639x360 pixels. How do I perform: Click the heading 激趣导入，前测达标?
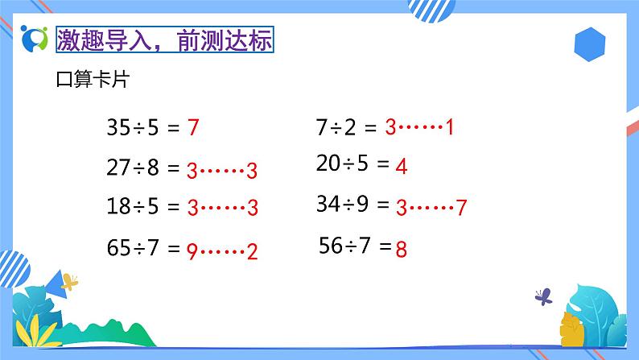166,39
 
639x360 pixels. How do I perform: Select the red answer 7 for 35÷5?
192,127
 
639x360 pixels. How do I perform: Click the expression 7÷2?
337,126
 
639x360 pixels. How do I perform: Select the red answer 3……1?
420,126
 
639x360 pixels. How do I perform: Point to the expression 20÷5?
342,165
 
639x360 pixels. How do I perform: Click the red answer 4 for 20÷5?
402,168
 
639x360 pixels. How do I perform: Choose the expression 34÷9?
342,205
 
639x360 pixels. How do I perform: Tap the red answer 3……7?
431,208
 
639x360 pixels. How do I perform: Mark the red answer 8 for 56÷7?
402,249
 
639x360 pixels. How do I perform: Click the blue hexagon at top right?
592,41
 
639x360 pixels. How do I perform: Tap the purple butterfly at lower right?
544,296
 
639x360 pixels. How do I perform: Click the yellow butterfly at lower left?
70,282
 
